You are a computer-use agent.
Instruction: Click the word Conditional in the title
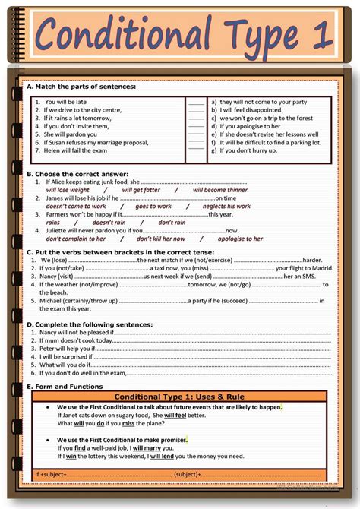122,34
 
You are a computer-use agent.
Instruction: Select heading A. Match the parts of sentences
81,87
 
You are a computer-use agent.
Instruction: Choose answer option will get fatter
141,190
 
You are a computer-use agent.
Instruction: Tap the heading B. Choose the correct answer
77,174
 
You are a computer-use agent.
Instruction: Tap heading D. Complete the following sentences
90,324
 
